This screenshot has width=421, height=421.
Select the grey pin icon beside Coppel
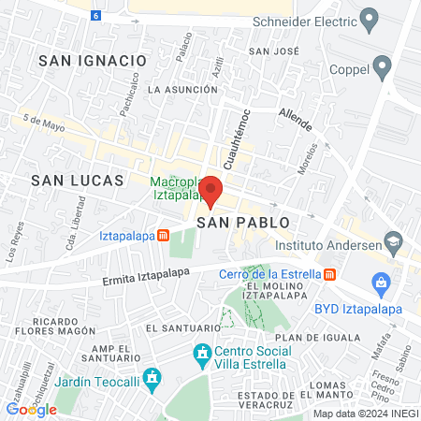coord(381,65)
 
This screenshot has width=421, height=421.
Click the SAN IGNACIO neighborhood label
coord(94,60)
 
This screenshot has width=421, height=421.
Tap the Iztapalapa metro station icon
coord(163,236)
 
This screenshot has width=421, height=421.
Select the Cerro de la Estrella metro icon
coord(329,274)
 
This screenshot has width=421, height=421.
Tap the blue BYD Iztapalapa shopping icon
coord(380,282)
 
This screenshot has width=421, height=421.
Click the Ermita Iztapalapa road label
coord(145,271)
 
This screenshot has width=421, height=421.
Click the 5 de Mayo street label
coord(43,123)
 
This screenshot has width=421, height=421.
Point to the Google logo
coord(31,409)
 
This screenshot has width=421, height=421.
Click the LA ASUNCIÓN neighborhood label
coord(182,90)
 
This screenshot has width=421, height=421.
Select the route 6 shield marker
coord(95,16)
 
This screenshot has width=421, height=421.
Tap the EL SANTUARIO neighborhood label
coord(182,328)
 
